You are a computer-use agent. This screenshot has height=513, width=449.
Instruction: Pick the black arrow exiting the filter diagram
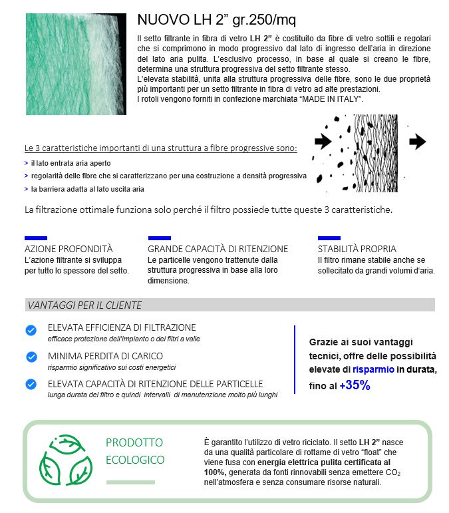pyautogui.click(x=418, y=140)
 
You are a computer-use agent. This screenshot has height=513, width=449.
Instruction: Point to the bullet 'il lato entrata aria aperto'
pyautogui.click(x=71, y=163)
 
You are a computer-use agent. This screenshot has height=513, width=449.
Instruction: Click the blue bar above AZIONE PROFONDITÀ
pyautogui.click(x=36, y=238)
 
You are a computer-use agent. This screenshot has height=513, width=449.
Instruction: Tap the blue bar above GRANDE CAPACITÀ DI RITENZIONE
pyautogui.click(x=159, y=238)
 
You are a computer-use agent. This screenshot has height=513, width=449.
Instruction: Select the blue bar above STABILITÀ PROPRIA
pyautogui.click(x=329, y=238)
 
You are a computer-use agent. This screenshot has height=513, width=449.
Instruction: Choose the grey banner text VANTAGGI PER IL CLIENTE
pyautogui.click(x=84, y=305)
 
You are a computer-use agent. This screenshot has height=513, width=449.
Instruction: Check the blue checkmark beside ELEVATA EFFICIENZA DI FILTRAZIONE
pyautogui.click(x=31, y=331)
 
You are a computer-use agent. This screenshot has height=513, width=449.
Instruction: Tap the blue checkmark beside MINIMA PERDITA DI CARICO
pyautogui.click(x=31, y=357)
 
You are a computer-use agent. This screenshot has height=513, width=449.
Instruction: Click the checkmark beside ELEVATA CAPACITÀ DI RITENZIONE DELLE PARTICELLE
pyautogui.click(x=31, y=385)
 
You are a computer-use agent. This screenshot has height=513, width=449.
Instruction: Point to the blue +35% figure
pyautogui.click(x=355, y=385)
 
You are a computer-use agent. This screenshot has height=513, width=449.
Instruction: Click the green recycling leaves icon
pyautogui.click(x=65, y=459)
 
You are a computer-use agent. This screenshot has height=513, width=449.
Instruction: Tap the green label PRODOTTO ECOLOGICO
pyautogui.click(x=135, y=451)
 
